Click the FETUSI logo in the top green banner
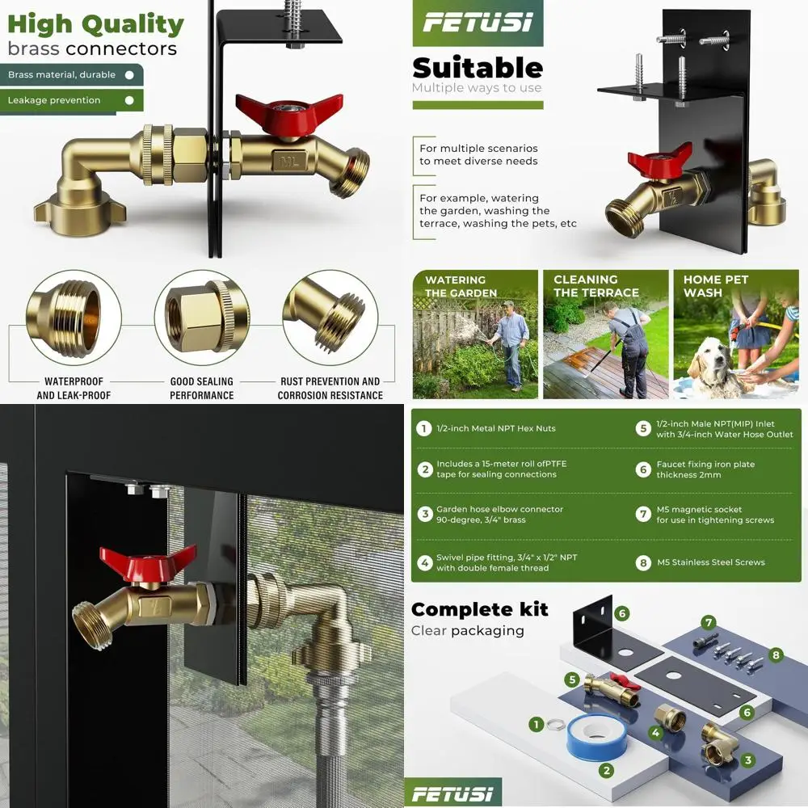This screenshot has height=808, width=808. click(478, 23)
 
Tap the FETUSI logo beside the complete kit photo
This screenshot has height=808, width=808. click(452, 793)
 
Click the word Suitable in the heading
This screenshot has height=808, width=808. click(477, 68)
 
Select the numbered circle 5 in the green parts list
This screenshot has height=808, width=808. click(643, 428)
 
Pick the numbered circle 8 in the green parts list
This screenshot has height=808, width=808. click(643, 562)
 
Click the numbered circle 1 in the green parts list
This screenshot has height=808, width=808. click(423, 428)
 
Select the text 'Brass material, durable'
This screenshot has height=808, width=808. click(62, 75)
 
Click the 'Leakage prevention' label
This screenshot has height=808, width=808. click(54, 100)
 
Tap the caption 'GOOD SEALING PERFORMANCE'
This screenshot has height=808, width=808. click(201, 388)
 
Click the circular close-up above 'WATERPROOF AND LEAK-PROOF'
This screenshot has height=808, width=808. click(74, 317)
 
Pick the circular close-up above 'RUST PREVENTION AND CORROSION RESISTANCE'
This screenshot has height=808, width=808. click(330, 317)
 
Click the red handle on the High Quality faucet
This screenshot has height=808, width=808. click(271, 114)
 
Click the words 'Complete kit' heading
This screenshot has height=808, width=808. click(479, 609)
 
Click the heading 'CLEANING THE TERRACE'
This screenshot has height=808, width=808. click(595, 286)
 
